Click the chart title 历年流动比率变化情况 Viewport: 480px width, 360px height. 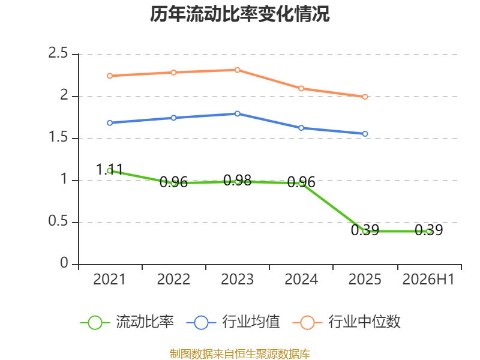pos(239,14)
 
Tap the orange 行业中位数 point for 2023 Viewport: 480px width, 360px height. pos(237,70)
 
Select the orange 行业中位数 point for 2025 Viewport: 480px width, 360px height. pos(365,97)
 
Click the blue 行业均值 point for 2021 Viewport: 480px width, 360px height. pos(110,123)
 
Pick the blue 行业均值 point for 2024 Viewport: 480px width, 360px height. pos(301,128)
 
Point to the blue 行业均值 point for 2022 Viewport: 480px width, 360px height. pos(173,118)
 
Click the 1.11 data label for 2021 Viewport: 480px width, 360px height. pos(110,170)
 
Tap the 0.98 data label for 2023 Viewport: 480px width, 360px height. pos(237,181)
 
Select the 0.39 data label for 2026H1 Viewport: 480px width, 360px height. pos(428,230)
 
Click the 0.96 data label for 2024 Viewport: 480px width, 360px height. pos(301,182)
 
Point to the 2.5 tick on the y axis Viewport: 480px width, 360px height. pos(58,53)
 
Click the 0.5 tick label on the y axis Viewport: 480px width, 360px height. pos(58,221)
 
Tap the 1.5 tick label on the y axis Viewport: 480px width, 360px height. pos(58,137)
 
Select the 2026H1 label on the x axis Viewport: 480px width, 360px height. pos(428,279)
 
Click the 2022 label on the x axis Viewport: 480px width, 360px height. pos(173,279)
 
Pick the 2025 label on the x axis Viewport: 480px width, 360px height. pos(365,279)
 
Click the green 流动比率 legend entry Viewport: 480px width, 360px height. pos(127,322)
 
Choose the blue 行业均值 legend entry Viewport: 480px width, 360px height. pos(233,322)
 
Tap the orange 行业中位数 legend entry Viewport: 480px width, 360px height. pos(347,322)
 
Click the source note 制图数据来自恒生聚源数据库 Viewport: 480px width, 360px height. pos(240,354)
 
